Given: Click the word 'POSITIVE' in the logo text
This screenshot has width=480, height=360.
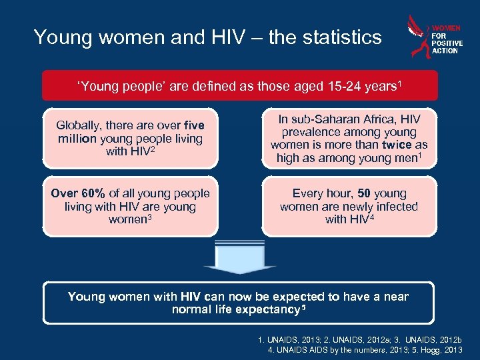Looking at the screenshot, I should click(447, 43).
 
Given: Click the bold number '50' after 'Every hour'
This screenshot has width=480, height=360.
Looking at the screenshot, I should click(364, 193).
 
